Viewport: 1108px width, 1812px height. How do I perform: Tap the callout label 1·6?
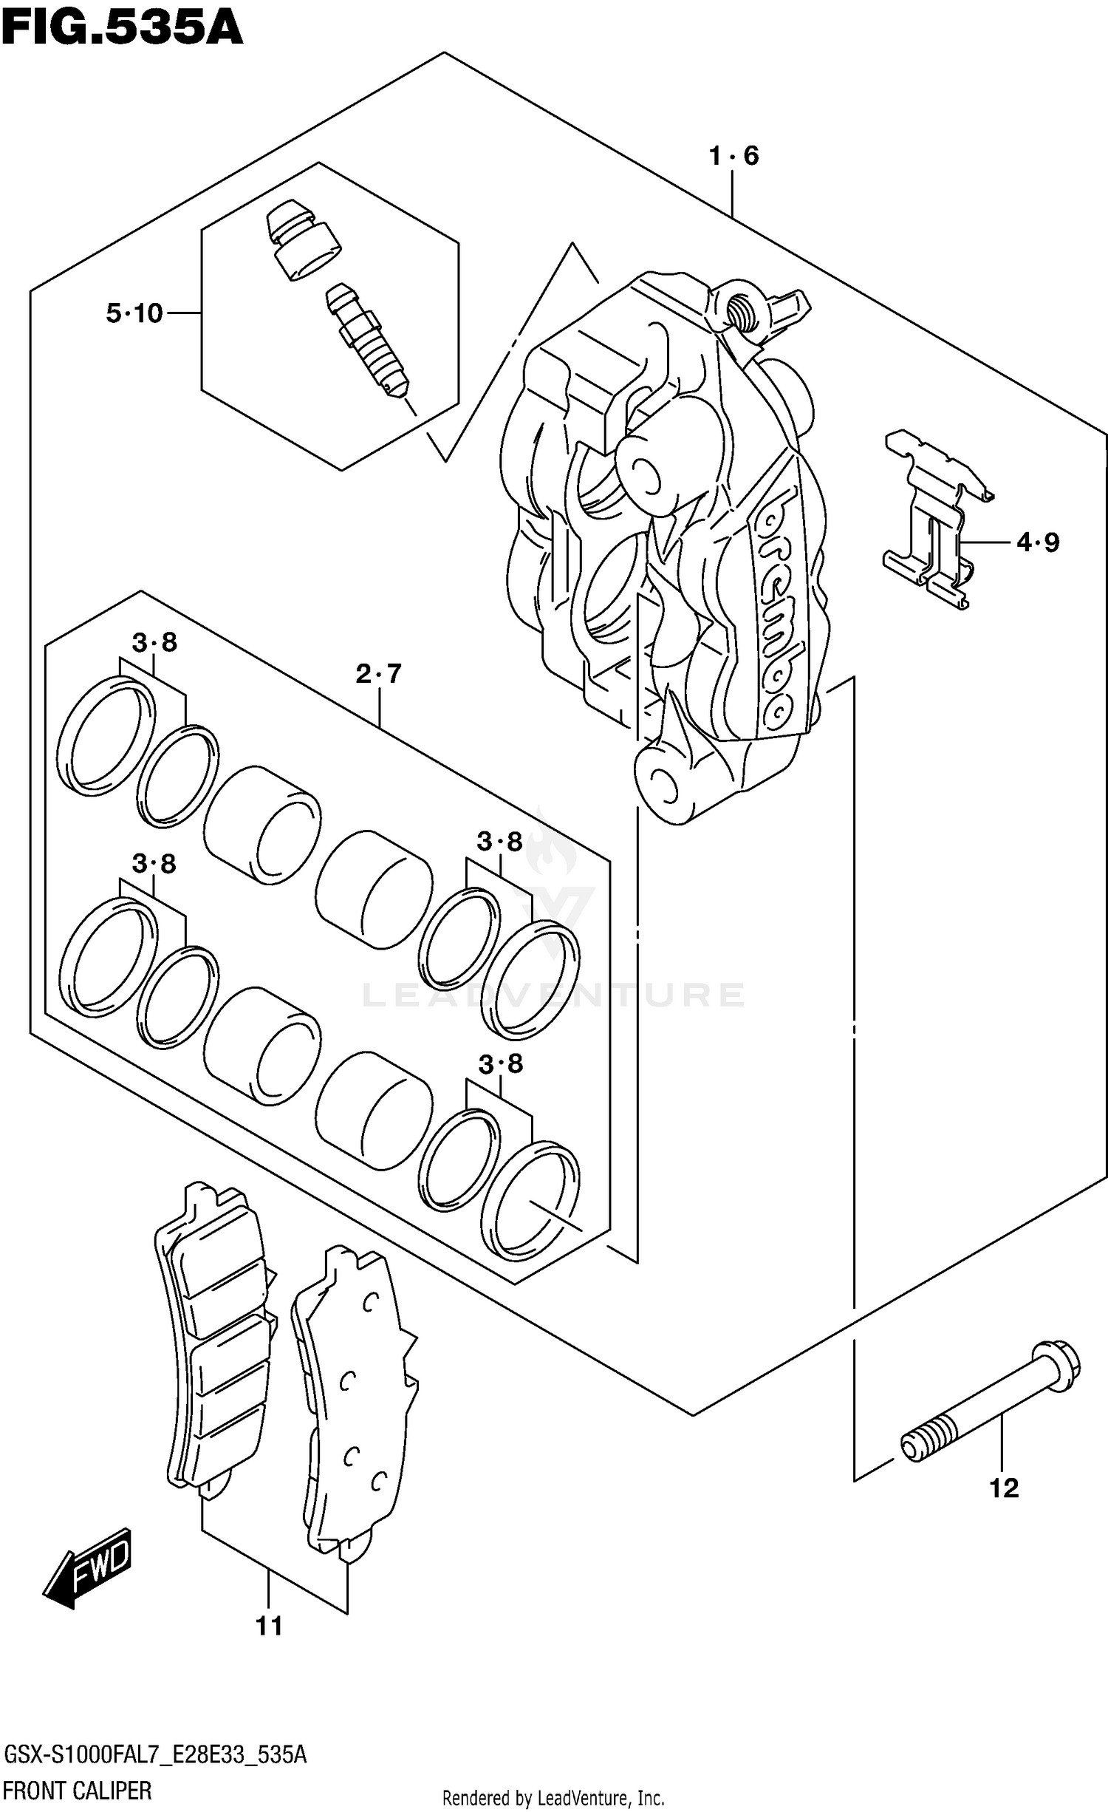733,156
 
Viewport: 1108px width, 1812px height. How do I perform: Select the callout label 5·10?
134,313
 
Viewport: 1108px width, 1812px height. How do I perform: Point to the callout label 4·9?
1037,542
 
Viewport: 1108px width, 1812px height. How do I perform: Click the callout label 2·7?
378,673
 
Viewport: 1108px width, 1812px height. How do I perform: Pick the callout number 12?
1004,1488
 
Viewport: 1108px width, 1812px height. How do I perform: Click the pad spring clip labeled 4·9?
934,517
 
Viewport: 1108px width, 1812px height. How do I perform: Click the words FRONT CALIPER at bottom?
78,1791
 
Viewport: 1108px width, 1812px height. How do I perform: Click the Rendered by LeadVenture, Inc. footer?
553,1798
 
